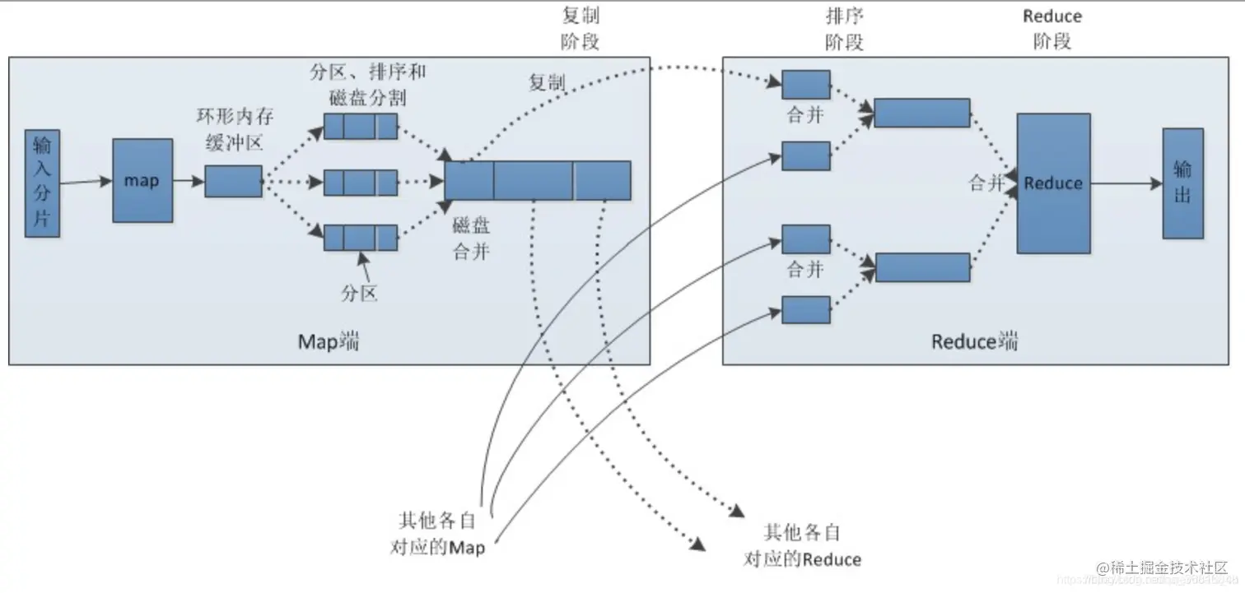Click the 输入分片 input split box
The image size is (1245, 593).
coord(42,183)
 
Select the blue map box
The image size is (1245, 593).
coord(142,180)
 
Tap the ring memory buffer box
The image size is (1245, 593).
coord(233,181)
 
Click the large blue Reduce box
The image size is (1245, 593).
coord(1053,183)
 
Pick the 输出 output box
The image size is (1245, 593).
coord(1182,183)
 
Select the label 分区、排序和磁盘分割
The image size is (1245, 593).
coord(367,84)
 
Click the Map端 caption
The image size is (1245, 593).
coord(329,341)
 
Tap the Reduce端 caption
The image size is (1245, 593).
coord(974,341)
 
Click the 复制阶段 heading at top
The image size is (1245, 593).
coord(580,28)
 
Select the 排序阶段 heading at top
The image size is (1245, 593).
coord(844,28)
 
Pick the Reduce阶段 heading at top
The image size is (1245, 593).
coord(1052,28)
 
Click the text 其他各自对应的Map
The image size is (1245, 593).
coord(437,534)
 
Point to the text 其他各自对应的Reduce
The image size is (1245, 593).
coord(802,546)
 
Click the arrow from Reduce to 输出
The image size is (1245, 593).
coord(1126,183)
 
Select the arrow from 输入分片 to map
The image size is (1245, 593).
coord(86,182)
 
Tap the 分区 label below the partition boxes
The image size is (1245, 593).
coord(359,293)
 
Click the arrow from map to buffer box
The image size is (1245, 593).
coord(189,181)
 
